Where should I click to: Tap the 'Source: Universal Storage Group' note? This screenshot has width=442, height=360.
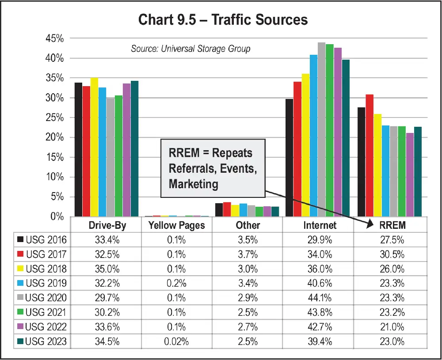191,49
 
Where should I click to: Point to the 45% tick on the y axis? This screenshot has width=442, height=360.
55,39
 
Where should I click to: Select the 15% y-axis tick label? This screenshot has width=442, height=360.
55,157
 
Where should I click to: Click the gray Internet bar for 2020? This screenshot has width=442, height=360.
321,133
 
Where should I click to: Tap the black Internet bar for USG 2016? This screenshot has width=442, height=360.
289,159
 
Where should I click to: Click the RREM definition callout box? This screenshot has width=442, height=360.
213,168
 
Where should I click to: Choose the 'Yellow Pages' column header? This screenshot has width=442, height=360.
177,225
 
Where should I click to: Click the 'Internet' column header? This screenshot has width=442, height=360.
320,225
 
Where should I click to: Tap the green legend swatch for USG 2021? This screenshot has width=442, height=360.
20,312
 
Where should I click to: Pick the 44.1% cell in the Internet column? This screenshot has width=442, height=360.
320,298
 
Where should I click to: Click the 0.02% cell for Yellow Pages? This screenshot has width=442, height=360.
177,341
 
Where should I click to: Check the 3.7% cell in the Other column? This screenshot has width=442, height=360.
248,254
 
